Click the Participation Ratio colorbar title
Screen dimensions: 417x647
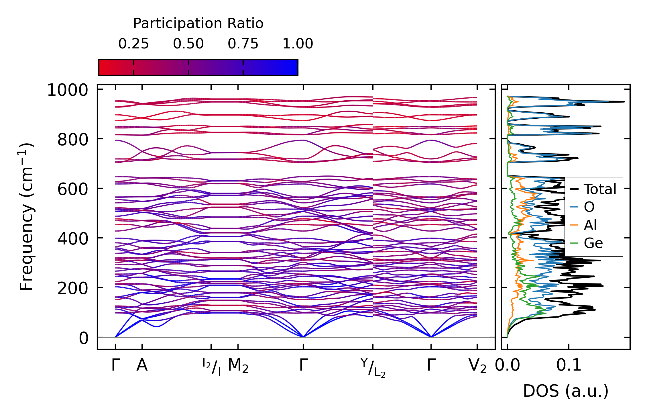[198, 24]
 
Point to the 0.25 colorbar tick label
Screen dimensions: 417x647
[133, 44]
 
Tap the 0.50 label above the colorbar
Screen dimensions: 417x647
[188, 44]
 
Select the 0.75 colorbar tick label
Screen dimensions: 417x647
[243, 44]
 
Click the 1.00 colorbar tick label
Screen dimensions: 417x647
[298, 44]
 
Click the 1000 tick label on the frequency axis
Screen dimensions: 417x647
[68, 91]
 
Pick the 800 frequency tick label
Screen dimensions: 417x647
[73, 140]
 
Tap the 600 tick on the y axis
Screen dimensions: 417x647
[73, 189]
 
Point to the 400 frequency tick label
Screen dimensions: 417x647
[73, 239]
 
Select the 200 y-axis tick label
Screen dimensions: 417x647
[73, 289]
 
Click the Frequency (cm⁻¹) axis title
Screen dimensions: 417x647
[27, 217]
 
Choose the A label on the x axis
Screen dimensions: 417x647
[142, 365]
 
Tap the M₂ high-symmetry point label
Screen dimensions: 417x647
[238, 366]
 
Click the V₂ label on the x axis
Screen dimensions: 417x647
[477, 366]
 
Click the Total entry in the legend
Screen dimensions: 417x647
[600, 189]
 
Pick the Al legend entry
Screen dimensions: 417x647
[590, 225]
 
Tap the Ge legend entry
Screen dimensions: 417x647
[593, 243]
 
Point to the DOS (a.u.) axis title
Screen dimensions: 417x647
[566, 391]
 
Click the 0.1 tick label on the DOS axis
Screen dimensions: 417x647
[569, 365]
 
